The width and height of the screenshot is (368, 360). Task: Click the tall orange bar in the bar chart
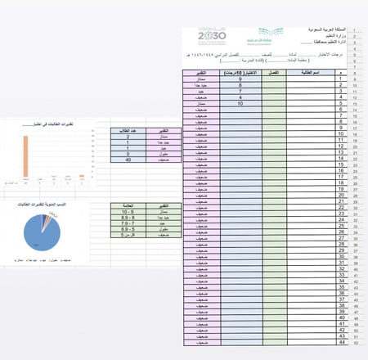25,155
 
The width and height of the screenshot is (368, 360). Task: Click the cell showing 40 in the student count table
128,159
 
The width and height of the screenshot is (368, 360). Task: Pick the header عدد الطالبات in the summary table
128,129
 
